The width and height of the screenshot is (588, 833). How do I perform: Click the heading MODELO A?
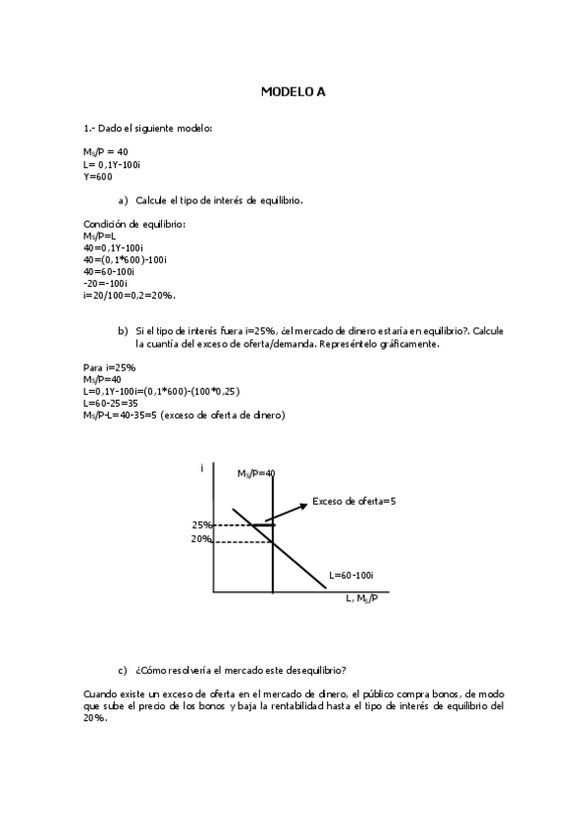pyautogui.click(x=293, y=91)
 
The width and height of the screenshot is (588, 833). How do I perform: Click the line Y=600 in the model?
pyautogui.click(x=98, y=177)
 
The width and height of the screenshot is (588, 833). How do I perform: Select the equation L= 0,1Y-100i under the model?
pyautogui.click(x=113, y=164)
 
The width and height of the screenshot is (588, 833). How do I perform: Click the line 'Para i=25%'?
pyautogui.click(x=110, y=366)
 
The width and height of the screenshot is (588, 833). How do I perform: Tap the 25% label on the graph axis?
pyautogui.click(x=202, y=525)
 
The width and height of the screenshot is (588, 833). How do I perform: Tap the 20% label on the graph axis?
pyautogui.click(x=202, y=539)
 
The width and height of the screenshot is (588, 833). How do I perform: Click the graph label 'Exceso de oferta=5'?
pyautogui.click(x=354, y=501)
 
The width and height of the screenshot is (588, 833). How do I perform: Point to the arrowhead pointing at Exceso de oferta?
pyautogui.click(x=303, y=506)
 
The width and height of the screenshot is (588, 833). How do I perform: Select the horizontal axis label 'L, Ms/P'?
pyautogui.click(x=363, y=598)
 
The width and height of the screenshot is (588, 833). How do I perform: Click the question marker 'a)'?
pyautogui.click(x=123, y=200)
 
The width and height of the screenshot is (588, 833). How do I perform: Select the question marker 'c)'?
pyautogui.click(x=123, y=671)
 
